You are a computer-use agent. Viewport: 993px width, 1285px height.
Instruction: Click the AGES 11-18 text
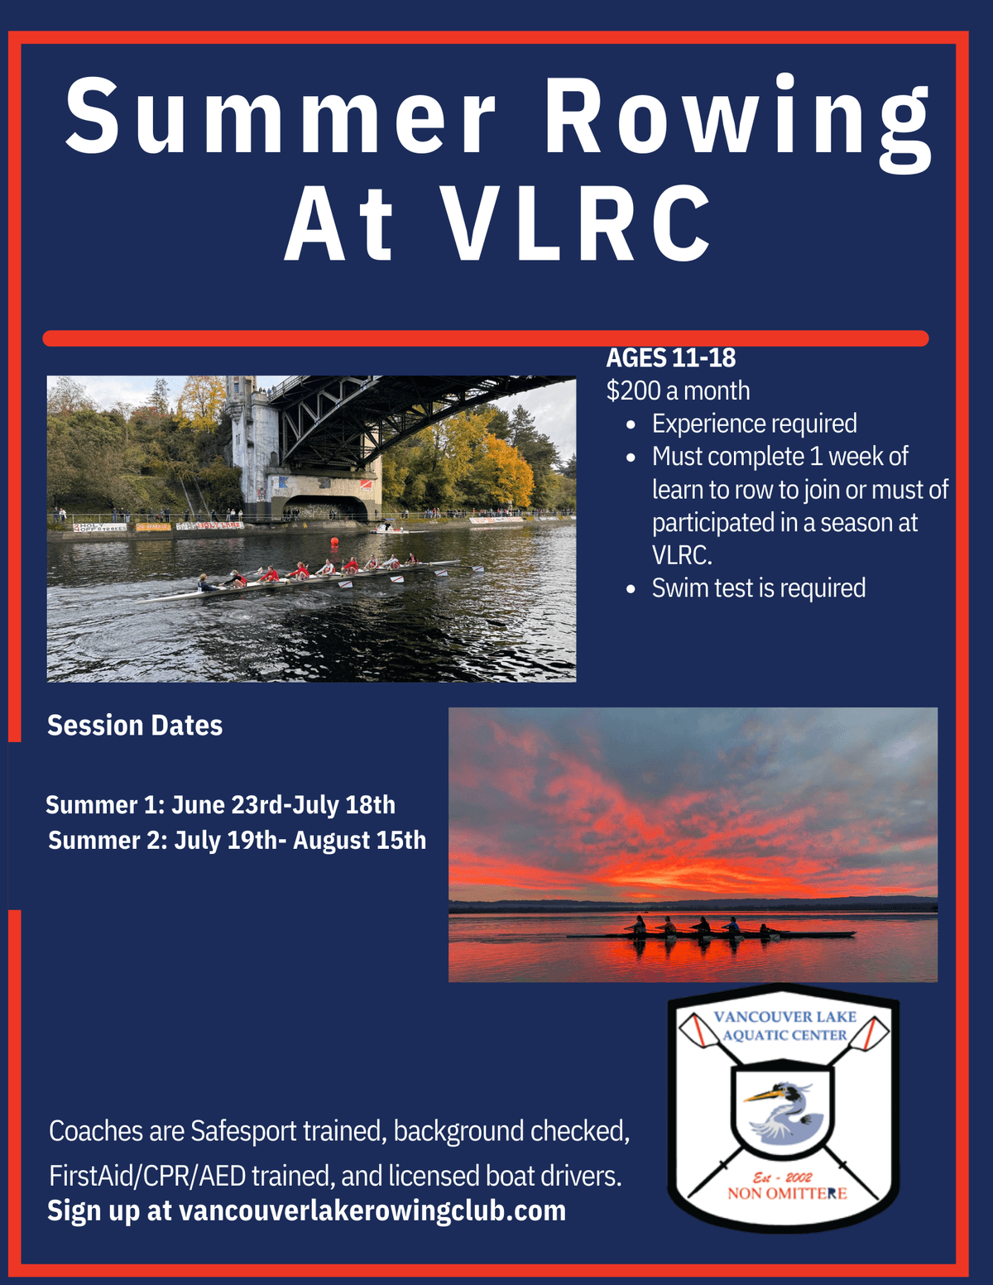(x=670, y=358)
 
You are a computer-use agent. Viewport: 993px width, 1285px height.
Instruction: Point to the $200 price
(x=632, y=391)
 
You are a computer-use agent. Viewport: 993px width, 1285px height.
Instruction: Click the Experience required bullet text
(x=754, y=424)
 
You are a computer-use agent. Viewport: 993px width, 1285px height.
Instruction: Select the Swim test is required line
(x=758, y=588)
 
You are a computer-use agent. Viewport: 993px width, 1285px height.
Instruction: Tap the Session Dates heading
(x=135, y=726)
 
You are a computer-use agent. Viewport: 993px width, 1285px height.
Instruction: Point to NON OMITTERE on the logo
(x=787, y=1194)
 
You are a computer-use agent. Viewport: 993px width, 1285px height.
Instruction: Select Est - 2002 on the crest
(x=782, y=1177)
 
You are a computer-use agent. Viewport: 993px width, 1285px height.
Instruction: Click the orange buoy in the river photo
(x=334, y=542)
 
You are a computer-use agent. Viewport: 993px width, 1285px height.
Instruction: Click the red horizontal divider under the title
(x=485, y=338)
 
